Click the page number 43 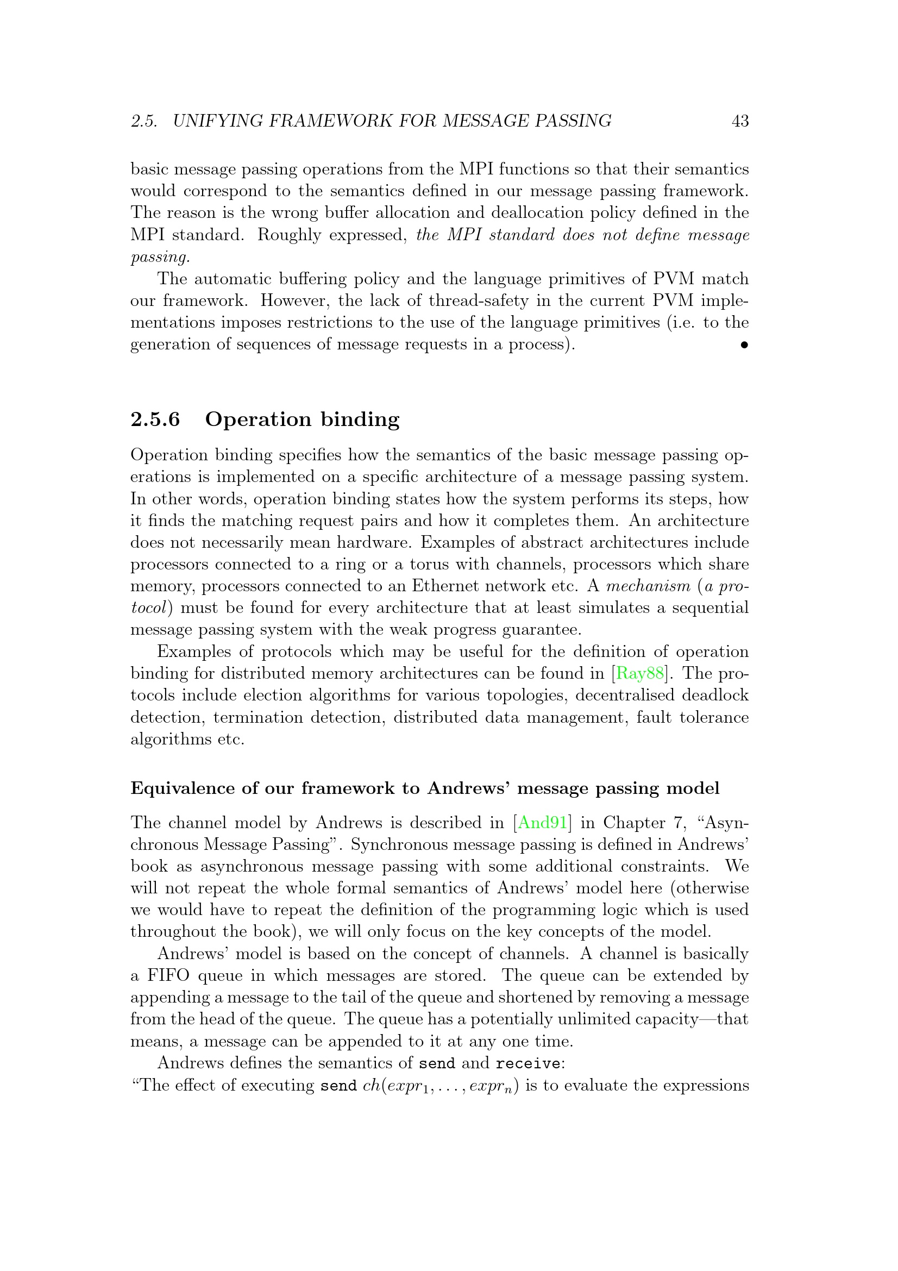click(x=740, y=121)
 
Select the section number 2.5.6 click(x=155, y=419)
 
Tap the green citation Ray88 click(x=639, y=673)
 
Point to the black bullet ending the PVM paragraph click(x=744, y=346)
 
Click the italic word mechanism click(x=649, y=586)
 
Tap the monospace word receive click(x=528, y=1063)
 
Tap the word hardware click(x=373, y=542)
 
